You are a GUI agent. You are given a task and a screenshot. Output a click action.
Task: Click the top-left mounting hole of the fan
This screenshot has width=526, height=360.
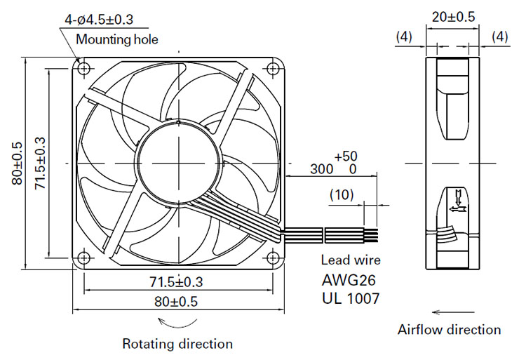[84, 69]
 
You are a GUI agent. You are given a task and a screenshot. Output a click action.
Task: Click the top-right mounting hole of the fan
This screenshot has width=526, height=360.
[273, 69]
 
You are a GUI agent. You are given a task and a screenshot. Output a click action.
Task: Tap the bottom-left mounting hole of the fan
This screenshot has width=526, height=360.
[84, 258]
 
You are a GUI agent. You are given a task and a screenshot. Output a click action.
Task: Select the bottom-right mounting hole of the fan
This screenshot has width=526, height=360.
[273, 258]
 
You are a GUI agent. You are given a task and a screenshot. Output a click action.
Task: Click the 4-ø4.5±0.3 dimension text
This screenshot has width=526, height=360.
[99, 20]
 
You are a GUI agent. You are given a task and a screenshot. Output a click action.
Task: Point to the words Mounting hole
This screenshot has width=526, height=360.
[117, 39]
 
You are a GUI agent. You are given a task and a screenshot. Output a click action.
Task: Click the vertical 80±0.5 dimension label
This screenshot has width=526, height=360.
[17, 164]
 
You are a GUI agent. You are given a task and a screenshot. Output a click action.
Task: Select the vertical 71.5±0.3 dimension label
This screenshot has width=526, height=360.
[40, 164]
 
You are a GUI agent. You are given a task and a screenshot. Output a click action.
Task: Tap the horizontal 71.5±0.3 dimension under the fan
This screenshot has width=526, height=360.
[176, 282]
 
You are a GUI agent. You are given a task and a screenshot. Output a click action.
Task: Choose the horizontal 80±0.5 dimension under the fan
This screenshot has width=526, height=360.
[176, 302]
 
